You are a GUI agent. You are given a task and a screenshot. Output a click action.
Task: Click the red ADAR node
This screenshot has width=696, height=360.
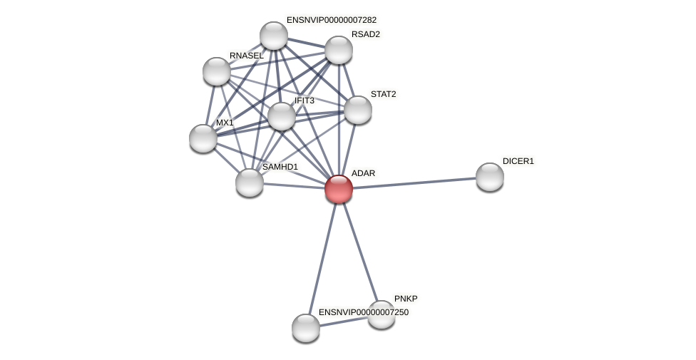tap(339, 189)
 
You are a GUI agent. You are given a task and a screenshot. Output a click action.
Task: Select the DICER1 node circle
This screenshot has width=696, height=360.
tap(490, 177)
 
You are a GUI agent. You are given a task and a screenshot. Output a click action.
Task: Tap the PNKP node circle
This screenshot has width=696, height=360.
tap(382, 314)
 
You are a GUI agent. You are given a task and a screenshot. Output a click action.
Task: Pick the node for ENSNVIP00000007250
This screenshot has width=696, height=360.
tap(306, 328)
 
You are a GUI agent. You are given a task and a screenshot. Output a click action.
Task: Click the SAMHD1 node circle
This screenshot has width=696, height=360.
tap(250, 182)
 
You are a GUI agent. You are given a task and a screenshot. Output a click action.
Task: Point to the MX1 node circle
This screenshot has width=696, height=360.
tap(203, 138)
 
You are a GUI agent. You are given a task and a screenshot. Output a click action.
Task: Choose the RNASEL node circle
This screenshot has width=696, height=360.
tap(217, 71)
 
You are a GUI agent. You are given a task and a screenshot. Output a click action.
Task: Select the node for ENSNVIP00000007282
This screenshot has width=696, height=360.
tap(274, 36)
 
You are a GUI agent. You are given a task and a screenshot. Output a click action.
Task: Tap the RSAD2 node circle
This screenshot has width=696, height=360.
tap(339, 50)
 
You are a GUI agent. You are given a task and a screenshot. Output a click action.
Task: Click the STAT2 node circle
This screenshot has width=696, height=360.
tap(358, 110)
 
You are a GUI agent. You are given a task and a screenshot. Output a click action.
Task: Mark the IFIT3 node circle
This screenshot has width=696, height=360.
tap(282, 116)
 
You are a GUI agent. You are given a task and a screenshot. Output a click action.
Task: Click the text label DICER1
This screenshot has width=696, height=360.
tap(518, 161)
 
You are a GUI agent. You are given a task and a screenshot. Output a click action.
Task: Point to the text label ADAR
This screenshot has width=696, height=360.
tap(363, 173)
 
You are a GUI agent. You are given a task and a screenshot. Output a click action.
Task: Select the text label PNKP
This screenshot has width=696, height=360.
tap(406, 299)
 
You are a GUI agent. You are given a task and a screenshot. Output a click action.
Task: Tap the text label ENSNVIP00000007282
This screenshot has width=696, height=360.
tap(332, 20)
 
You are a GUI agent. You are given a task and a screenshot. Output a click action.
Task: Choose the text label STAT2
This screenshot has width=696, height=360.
tap(383, 94)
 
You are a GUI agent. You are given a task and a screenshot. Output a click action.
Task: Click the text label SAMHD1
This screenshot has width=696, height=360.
tap(280, 167)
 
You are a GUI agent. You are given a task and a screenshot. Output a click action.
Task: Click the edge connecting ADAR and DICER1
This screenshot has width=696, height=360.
tap(414, 183)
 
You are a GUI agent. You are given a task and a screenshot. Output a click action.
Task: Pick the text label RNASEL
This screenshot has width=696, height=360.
tap(246, 56)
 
